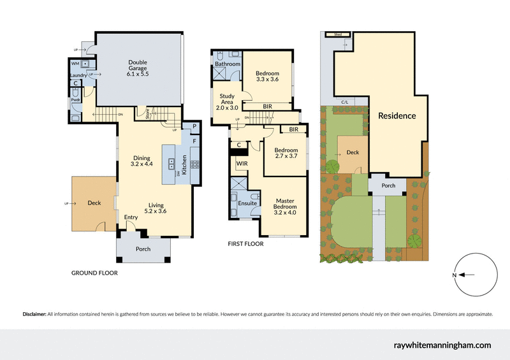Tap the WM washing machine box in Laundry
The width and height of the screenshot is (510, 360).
point(75,64)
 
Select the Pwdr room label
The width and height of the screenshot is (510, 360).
point(75,99)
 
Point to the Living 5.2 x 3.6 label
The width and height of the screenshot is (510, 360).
point(154,208)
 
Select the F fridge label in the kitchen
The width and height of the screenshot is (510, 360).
point(194,140)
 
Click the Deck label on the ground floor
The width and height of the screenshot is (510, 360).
point(94,203)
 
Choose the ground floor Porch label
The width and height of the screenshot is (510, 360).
point(143,248)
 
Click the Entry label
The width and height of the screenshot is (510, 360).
point(131,218)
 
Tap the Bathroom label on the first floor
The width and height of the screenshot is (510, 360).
point(227,64)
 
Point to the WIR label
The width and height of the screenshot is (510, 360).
point(242,164)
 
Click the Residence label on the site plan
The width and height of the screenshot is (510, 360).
point(397,116)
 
